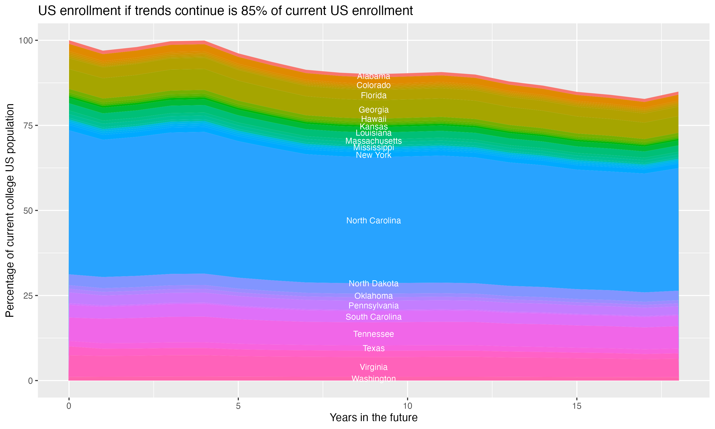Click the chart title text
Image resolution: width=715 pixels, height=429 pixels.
coord(225,11)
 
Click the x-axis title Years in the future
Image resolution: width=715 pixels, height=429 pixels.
coord(373,417)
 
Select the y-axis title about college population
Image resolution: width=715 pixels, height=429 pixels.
coord(10,210)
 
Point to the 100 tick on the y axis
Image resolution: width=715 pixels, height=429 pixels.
coord(26,41)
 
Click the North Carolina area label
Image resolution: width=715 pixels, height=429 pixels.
coord(373,220)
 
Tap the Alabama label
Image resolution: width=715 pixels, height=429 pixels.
coord(373,76)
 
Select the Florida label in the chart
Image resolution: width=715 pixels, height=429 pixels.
coord(373,95)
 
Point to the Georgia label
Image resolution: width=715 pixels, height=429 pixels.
coord(373,110)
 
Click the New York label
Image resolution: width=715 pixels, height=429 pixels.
coord(373,155)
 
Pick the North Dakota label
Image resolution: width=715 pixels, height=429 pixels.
coord(373,284)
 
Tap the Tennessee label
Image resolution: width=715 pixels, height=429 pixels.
coord(373,334)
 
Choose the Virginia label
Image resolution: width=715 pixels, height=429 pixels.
coord(373,367)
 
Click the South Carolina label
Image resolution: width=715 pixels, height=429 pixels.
coord(373,317)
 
